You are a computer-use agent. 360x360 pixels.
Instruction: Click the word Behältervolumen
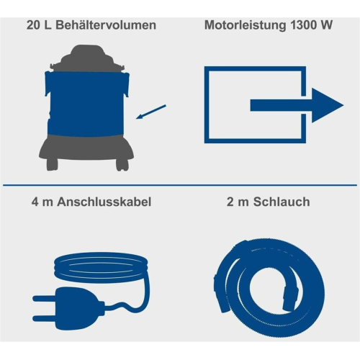tap(106, 25)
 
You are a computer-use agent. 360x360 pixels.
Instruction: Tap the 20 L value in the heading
tap(39, 25)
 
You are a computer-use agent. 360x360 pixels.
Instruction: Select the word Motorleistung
tap(245, 26)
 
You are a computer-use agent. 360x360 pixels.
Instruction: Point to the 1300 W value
tap(311, 25)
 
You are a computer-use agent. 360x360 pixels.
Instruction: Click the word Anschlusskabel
tap(104, 202)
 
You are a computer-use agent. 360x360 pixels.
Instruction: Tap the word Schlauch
tap(282, 202)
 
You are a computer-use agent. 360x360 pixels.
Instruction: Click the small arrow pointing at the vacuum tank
tap(151, 112)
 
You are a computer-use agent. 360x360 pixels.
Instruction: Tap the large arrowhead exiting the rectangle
tap(325, 105)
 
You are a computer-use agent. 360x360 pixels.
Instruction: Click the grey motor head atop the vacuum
tap(88, 58)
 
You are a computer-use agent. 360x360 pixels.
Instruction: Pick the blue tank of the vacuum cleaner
tap(87, 103)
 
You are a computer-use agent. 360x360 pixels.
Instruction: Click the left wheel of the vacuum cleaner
tap(52, 164)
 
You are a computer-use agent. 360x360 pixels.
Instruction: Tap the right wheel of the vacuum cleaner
tap(122, 164)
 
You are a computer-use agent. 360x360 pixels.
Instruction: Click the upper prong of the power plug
tap(45, 299)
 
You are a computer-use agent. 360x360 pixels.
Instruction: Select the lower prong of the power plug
tap(45, 319)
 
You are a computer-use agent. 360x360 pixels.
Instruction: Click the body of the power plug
tap(79, 309)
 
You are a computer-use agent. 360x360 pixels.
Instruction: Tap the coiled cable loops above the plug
tap(101, 266)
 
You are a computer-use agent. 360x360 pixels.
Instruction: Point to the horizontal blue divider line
tap(180, 185)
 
